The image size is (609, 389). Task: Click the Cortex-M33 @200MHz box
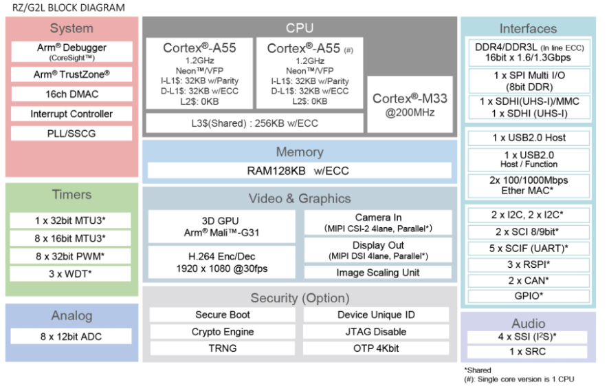(x=410, y=105)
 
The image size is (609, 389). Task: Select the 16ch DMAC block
(x=71, y=94)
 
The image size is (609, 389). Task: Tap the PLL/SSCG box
(x=71, y=133)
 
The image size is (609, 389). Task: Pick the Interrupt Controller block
(x=71, y=114)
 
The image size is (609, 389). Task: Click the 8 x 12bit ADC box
(x=71, y=337)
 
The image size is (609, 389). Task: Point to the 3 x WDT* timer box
(x=71, y=274)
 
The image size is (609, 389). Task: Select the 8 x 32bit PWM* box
(x=71, y=256)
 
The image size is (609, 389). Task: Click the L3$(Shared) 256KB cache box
(x=253, y=123)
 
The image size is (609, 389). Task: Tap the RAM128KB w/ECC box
(x=300, y=170)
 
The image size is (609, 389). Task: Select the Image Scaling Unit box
(x=377, y=273)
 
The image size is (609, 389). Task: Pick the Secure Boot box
(x=222, y=315)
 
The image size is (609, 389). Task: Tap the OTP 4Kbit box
(x=376, y=348)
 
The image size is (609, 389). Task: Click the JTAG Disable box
(x=376, y=331)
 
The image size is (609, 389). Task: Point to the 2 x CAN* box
(x=528, y=280)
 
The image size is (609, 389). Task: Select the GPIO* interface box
(x=528, y=297)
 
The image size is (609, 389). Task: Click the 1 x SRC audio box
(x=528, y=352)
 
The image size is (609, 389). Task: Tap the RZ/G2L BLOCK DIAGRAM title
(x=65, y=8)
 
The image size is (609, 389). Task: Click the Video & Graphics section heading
(x=300, y=198)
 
